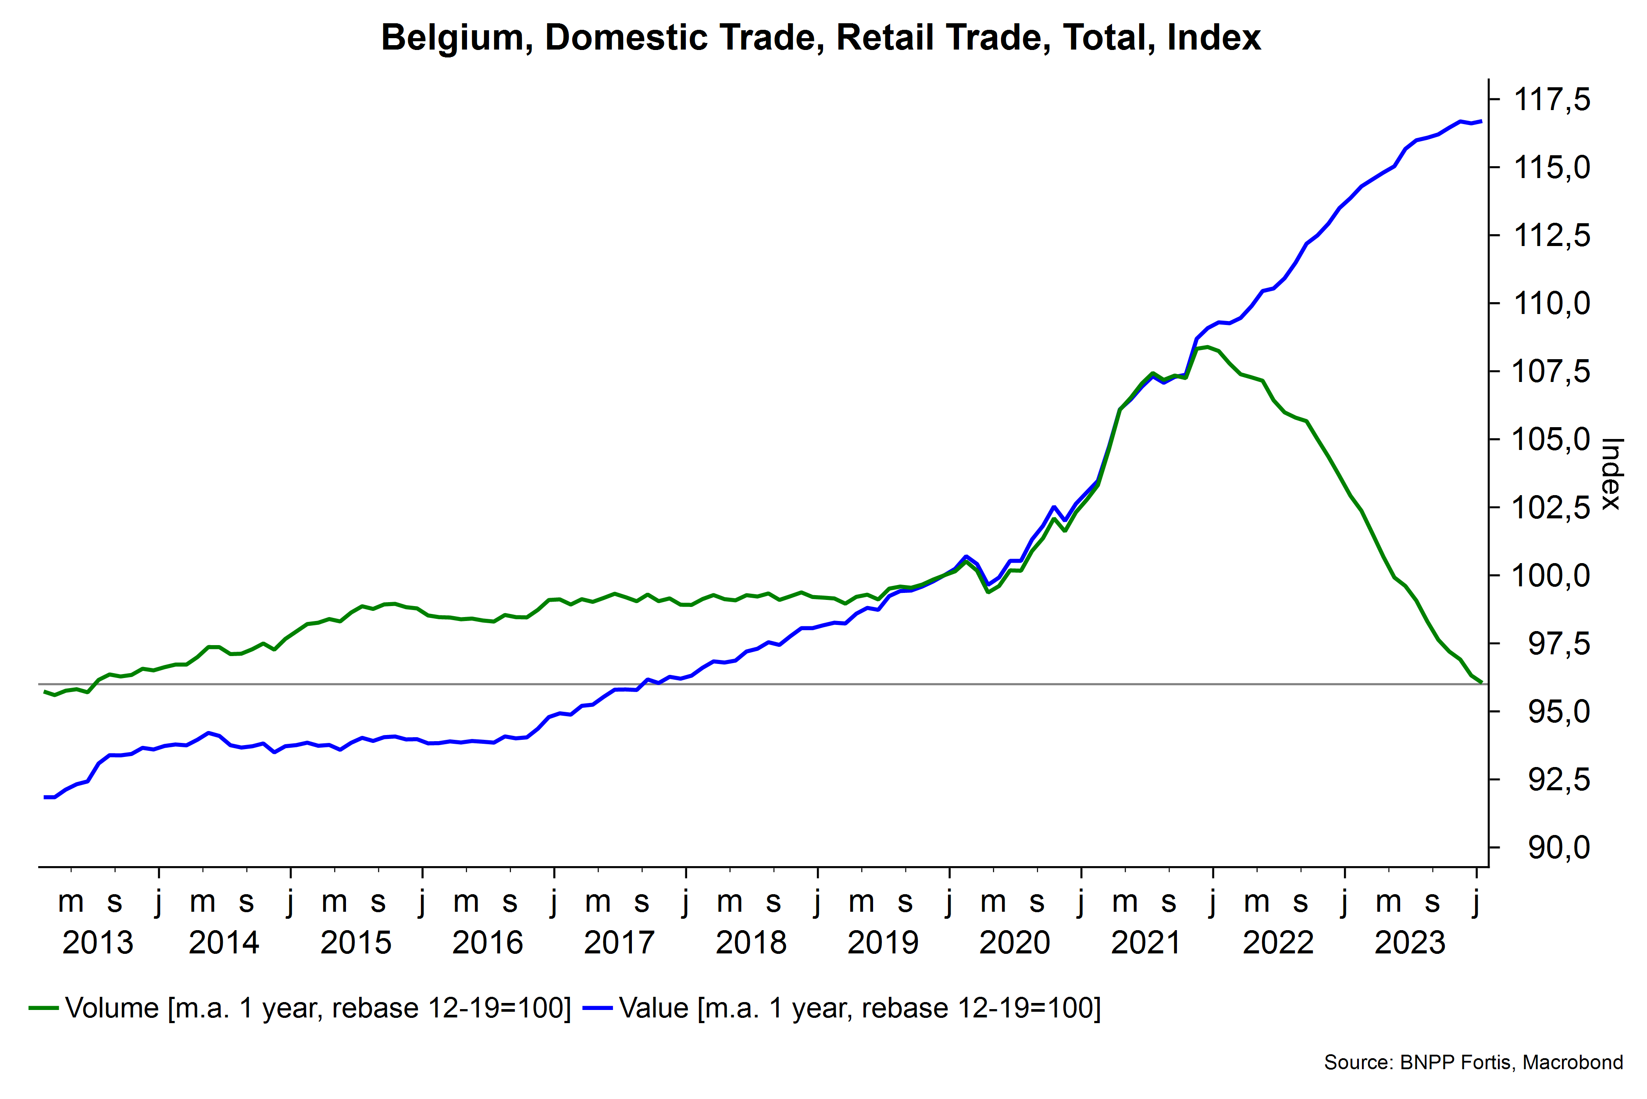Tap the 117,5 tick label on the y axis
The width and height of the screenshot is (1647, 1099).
(x=1552, y=100)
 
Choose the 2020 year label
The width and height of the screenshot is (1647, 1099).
(x=1014, y=943)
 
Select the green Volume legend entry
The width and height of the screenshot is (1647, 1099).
(x=300, y=1009)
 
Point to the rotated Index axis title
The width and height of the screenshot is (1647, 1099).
(x=1612, y=474)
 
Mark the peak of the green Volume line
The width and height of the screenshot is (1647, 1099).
(x=1207, y=347)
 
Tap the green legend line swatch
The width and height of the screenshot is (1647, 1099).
(x=43, y=1009)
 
